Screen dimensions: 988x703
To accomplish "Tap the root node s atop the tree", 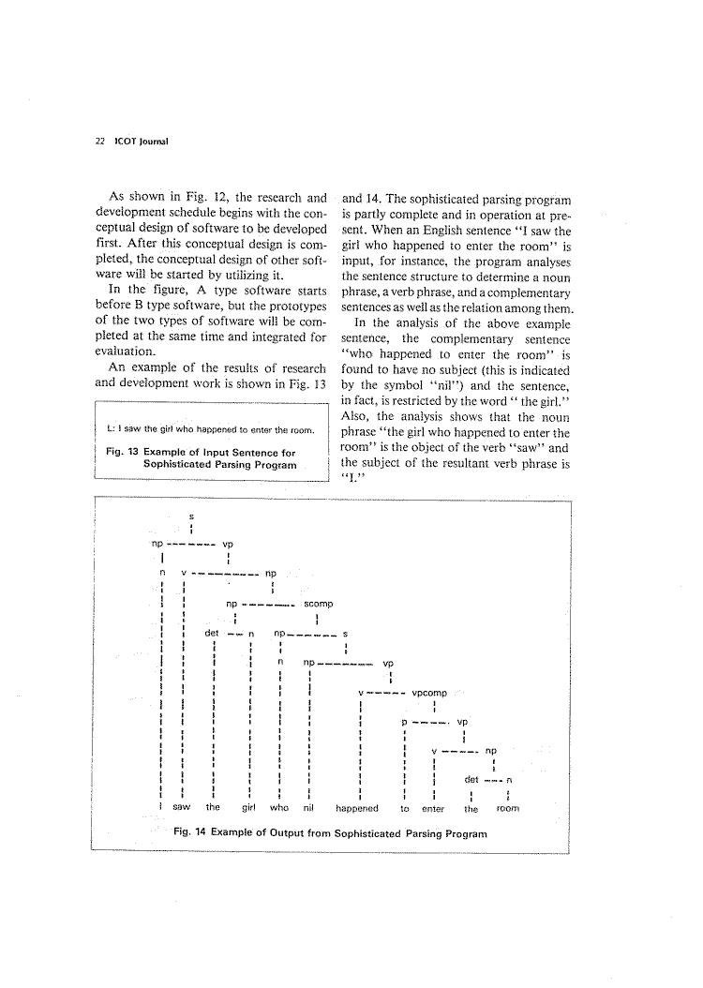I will coord(191,516).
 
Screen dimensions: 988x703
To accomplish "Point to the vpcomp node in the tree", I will coord(429,694).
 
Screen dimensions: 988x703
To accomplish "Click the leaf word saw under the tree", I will coord(182,807).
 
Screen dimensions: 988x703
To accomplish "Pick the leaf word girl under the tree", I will coord(250,807).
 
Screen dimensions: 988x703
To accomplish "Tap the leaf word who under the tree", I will coord(279,807).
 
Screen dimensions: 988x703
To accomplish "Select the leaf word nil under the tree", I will coord(308,807).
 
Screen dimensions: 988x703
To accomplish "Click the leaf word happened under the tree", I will coord(357,807).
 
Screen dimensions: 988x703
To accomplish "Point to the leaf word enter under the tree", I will coord(433,807).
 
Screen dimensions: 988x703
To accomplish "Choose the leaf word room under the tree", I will coord(507,807).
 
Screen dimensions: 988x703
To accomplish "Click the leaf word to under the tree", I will coord(404,807).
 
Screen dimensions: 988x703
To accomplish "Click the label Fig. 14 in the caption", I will coord(190,833).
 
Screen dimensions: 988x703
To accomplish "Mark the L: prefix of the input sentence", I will coord(112,430).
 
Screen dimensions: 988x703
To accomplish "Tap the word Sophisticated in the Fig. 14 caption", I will coord(362,833).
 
